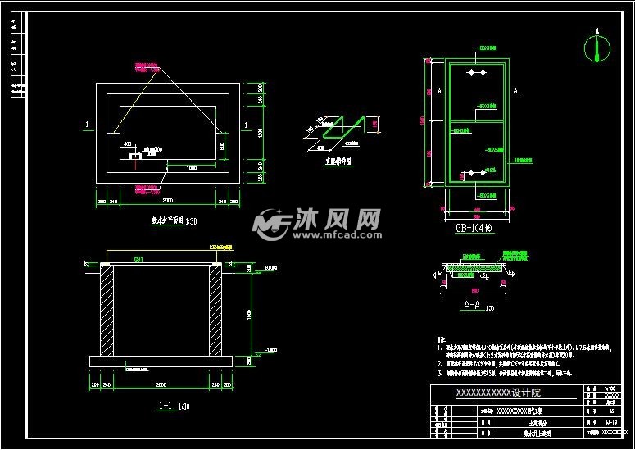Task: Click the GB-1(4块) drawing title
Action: click(474, 228)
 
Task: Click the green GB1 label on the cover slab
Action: click(139, 258)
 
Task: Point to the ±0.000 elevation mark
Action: click(271, 267)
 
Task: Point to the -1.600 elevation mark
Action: click(271, 350)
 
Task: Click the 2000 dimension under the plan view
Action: click(167, 199)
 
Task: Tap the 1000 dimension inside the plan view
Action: click(190, 167)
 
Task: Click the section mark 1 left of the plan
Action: click(86, 125)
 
